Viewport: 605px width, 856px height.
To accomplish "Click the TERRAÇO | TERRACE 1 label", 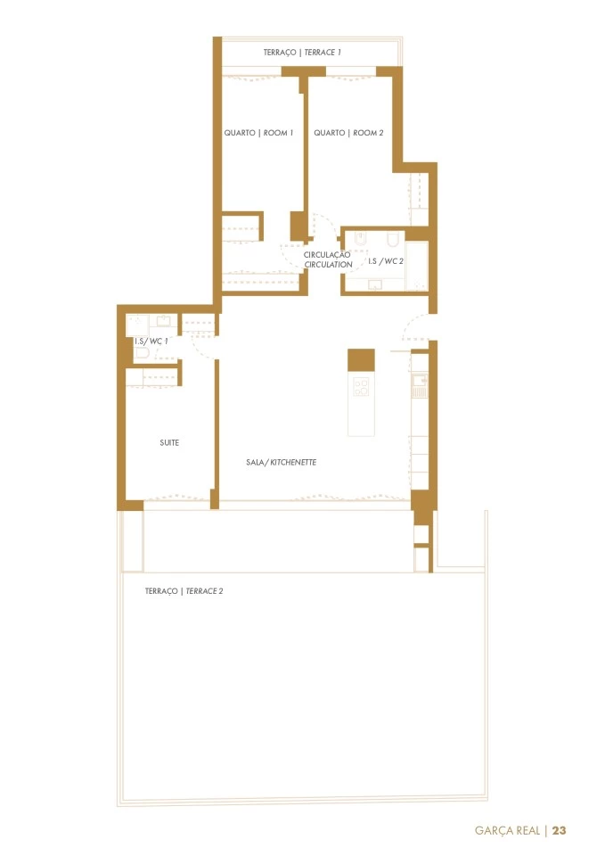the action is (302, 53).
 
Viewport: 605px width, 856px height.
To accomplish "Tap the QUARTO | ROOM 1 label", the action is (258, 133).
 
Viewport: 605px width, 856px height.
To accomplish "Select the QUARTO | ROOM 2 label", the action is (348, 133).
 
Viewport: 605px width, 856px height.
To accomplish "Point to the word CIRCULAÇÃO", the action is (327, 254).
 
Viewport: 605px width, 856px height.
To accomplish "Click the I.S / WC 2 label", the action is (386, 261).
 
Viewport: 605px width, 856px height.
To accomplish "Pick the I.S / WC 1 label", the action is (151, 342).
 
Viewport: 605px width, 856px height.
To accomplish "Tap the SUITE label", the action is (169, 443).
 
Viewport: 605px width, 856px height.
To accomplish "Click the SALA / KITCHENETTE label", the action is (281, 462).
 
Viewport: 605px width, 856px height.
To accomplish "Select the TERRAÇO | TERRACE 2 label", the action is (184, 590).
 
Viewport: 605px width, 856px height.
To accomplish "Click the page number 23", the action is (560, 830).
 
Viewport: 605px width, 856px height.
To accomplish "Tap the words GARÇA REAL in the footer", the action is (507, 830).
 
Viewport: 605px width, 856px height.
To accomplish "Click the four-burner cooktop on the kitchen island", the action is (361, 386).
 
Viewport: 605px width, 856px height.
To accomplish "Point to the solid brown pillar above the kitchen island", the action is (361, 359).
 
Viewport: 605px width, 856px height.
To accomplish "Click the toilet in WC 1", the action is (142, 354).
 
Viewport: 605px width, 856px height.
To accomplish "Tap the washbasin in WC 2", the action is (376, 284).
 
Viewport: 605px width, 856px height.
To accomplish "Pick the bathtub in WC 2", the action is (417, 267).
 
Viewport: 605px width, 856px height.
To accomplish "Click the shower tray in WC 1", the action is (137, 326).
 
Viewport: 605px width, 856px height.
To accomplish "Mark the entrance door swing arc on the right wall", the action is (416, 326).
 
